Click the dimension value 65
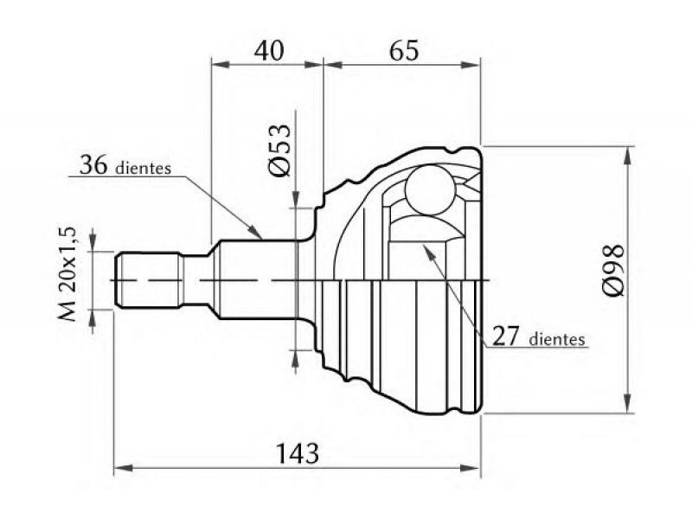pyautogui.click(x=402, y=49)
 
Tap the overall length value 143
pyautogui.click(x=297, y=451)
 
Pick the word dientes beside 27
pyautogui.click(x=558, y=339)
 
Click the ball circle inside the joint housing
pyautogui.click(x=429, y=188)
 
